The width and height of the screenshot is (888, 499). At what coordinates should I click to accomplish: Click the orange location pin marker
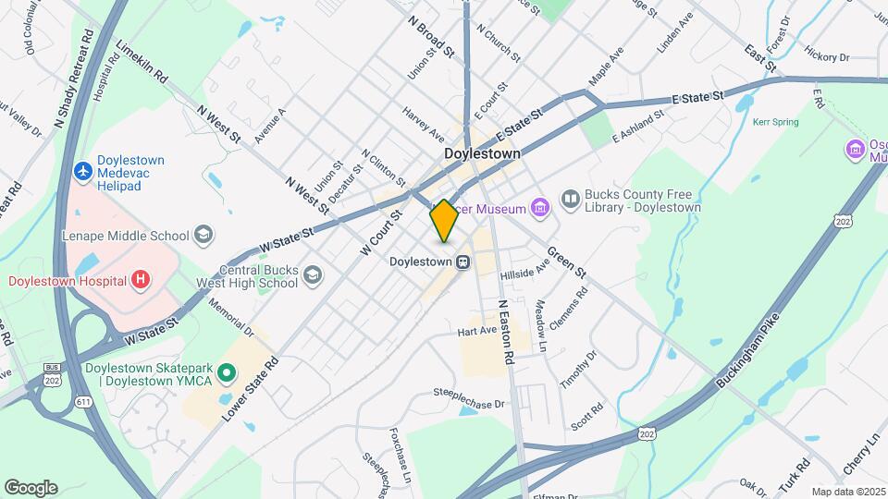pyautogui.click(x=444, y=221)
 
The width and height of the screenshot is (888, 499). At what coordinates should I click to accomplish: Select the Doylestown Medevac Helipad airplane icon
pyautogui.click(x=84, y=171)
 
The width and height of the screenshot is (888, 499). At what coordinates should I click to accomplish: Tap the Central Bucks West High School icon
pyautogui.click(x=314, y=275)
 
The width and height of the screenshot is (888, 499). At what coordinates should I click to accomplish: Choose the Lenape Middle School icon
pyautogui.click(x=203, y=235)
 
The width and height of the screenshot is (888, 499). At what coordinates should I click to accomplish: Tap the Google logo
pyautogui.click(x=31, y=488)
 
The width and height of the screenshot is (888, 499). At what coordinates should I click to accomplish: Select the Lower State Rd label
pyautogui.click(x=250, y=390)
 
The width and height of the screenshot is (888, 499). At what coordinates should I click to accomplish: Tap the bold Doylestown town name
pyautogui.click(x=482, y=153)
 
